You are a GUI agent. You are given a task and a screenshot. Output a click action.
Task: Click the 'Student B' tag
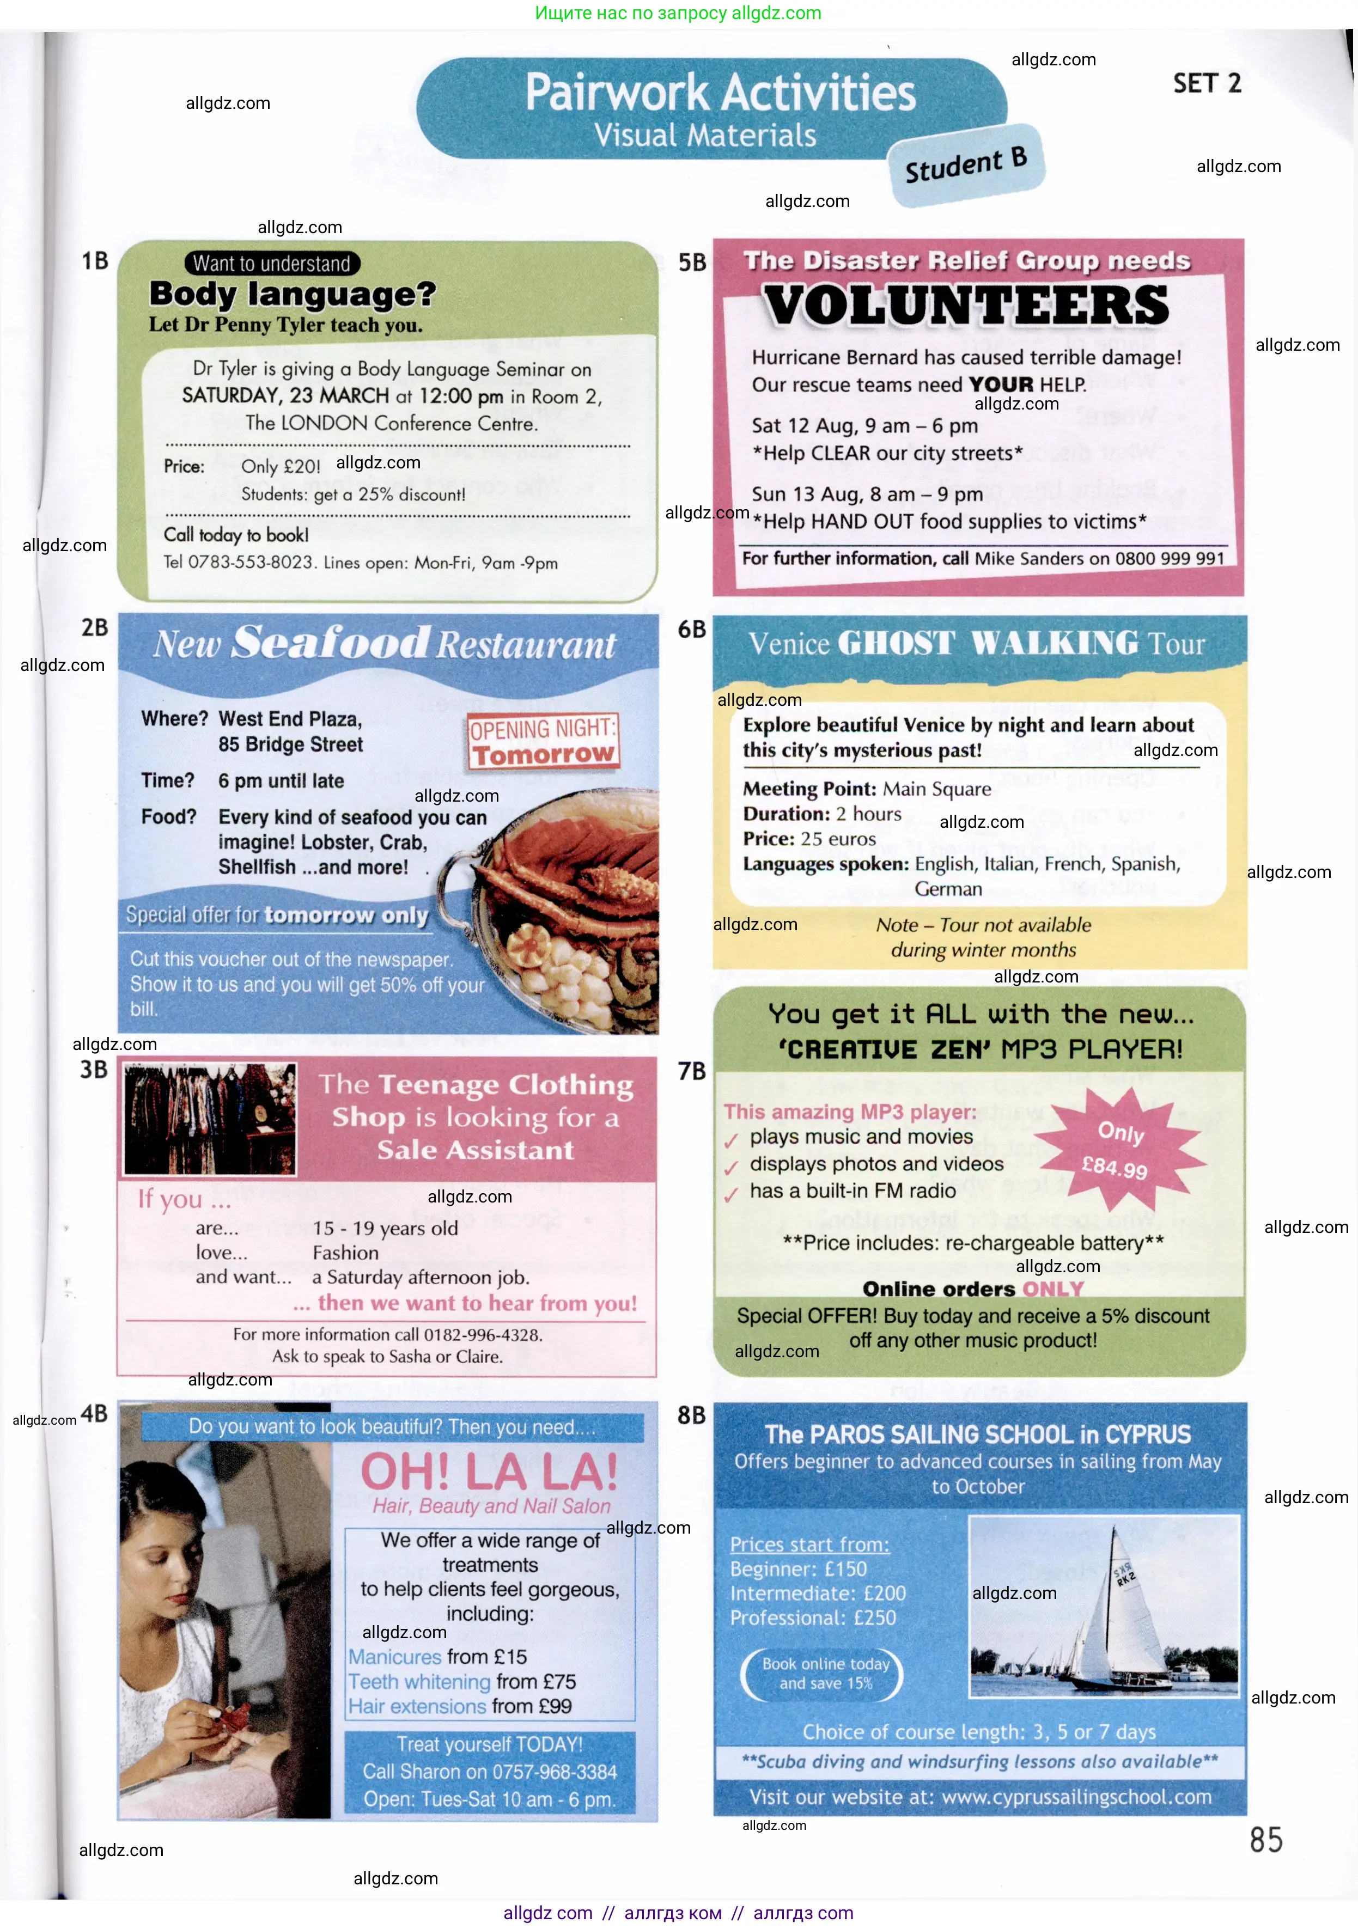tap(966, 164)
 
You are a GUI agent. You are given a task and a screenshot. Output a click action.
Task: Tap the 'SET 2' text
tap(1207, 83)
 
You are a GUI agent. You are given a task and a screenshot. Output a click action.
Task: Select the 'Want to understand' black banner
tap(271, 263)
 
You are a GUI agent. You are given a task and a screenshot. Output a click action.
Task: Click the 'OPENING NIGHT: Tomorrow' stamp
tap(542, 742)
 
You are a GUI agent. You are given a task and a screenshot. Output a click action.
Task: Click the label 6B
tap(692, 629)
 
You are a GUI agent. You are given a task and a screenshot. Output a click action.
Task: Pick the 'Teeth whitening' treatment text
tap(419, 1682)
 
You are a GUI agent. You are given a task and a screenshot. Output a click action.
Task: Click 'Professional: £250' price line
tap(813, 1617)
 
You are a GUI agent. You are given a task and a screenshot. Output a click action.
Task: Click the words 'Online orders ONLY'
tap(973, 1289)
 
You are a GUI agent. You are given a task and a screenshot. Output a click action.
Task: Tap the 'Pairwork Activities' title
tap(720, 93)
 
